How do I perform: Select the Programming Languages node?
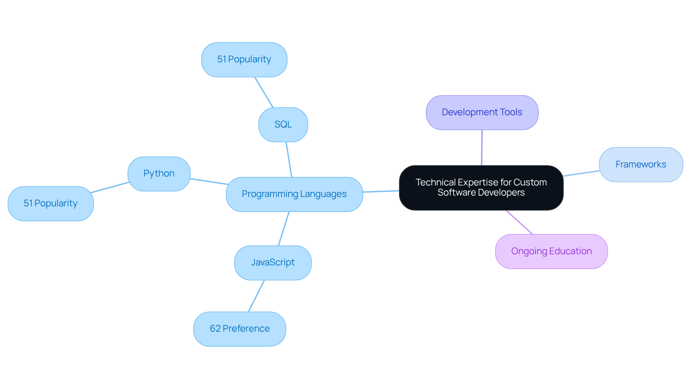pos(294,194)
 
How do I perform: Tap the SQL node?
pos(283,125)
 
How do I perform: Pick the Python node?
pos(159,174)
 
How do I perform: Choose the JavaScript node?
pos(272,263)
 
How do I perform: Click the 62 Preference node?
pos(239,329)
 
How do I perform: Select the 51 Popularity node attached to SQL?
pos(244,59)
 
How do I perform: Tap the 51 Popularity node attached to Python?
pos(50,203)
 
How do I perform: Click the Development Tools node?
pos(482,112)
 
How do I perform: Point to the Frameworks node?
pos(641,165)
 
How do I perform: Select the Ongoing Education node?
pos(551,251)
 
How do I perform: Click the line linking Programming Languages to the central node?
pos(381,191)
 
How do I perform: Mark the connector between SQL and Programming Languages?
pos(289,159)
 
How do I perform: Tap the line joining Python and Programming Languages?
pos(209,181)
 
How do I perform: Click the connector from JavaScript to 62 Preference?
pos(256,296)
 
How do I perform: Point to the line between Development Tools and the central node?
pos(482,148)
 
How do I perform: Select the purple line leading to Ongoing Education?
pos(519,222)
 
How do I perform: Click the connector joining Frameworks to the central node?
pos(581,173)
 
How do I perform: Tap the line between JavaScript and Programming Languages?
pos(284,229)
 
